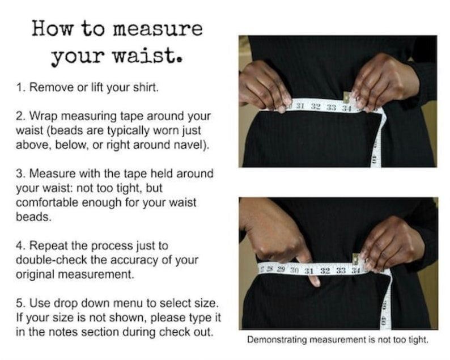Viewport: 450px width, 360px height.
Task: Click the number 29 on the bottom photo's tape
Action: [x=279, y=268]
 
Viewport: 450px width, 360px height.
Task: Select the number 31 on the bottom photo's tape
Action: [x=309, y=270]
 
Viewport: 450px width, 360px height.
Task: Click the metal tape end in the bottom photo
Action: [x=356, y=260]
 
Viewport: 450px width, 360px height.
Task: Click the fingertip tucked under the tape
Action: [x=313, y=279]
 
